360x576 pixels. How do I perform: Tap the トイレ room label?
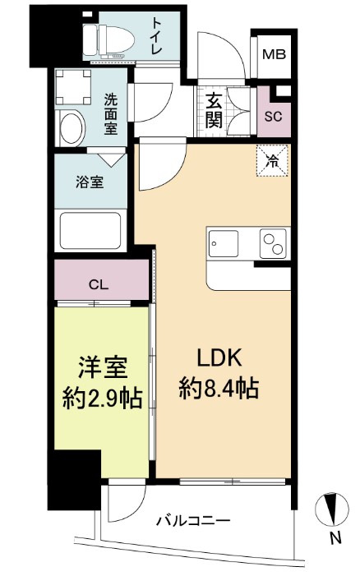(156, 38)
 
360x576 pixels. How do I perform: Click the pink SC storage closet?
(273, 115)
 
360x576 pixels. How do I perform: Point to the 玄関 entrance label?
(215, 110)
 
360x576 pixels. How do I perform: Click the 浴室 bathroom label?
(90, 182)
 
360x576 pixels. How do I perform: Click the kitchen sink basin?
(223, 243)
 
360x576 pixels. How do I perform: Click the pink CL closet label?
(98, 284)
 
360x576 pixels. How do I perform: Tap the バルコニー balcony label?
(192, 519)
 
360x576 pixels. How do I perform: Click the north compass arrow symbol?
(333, 509)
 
